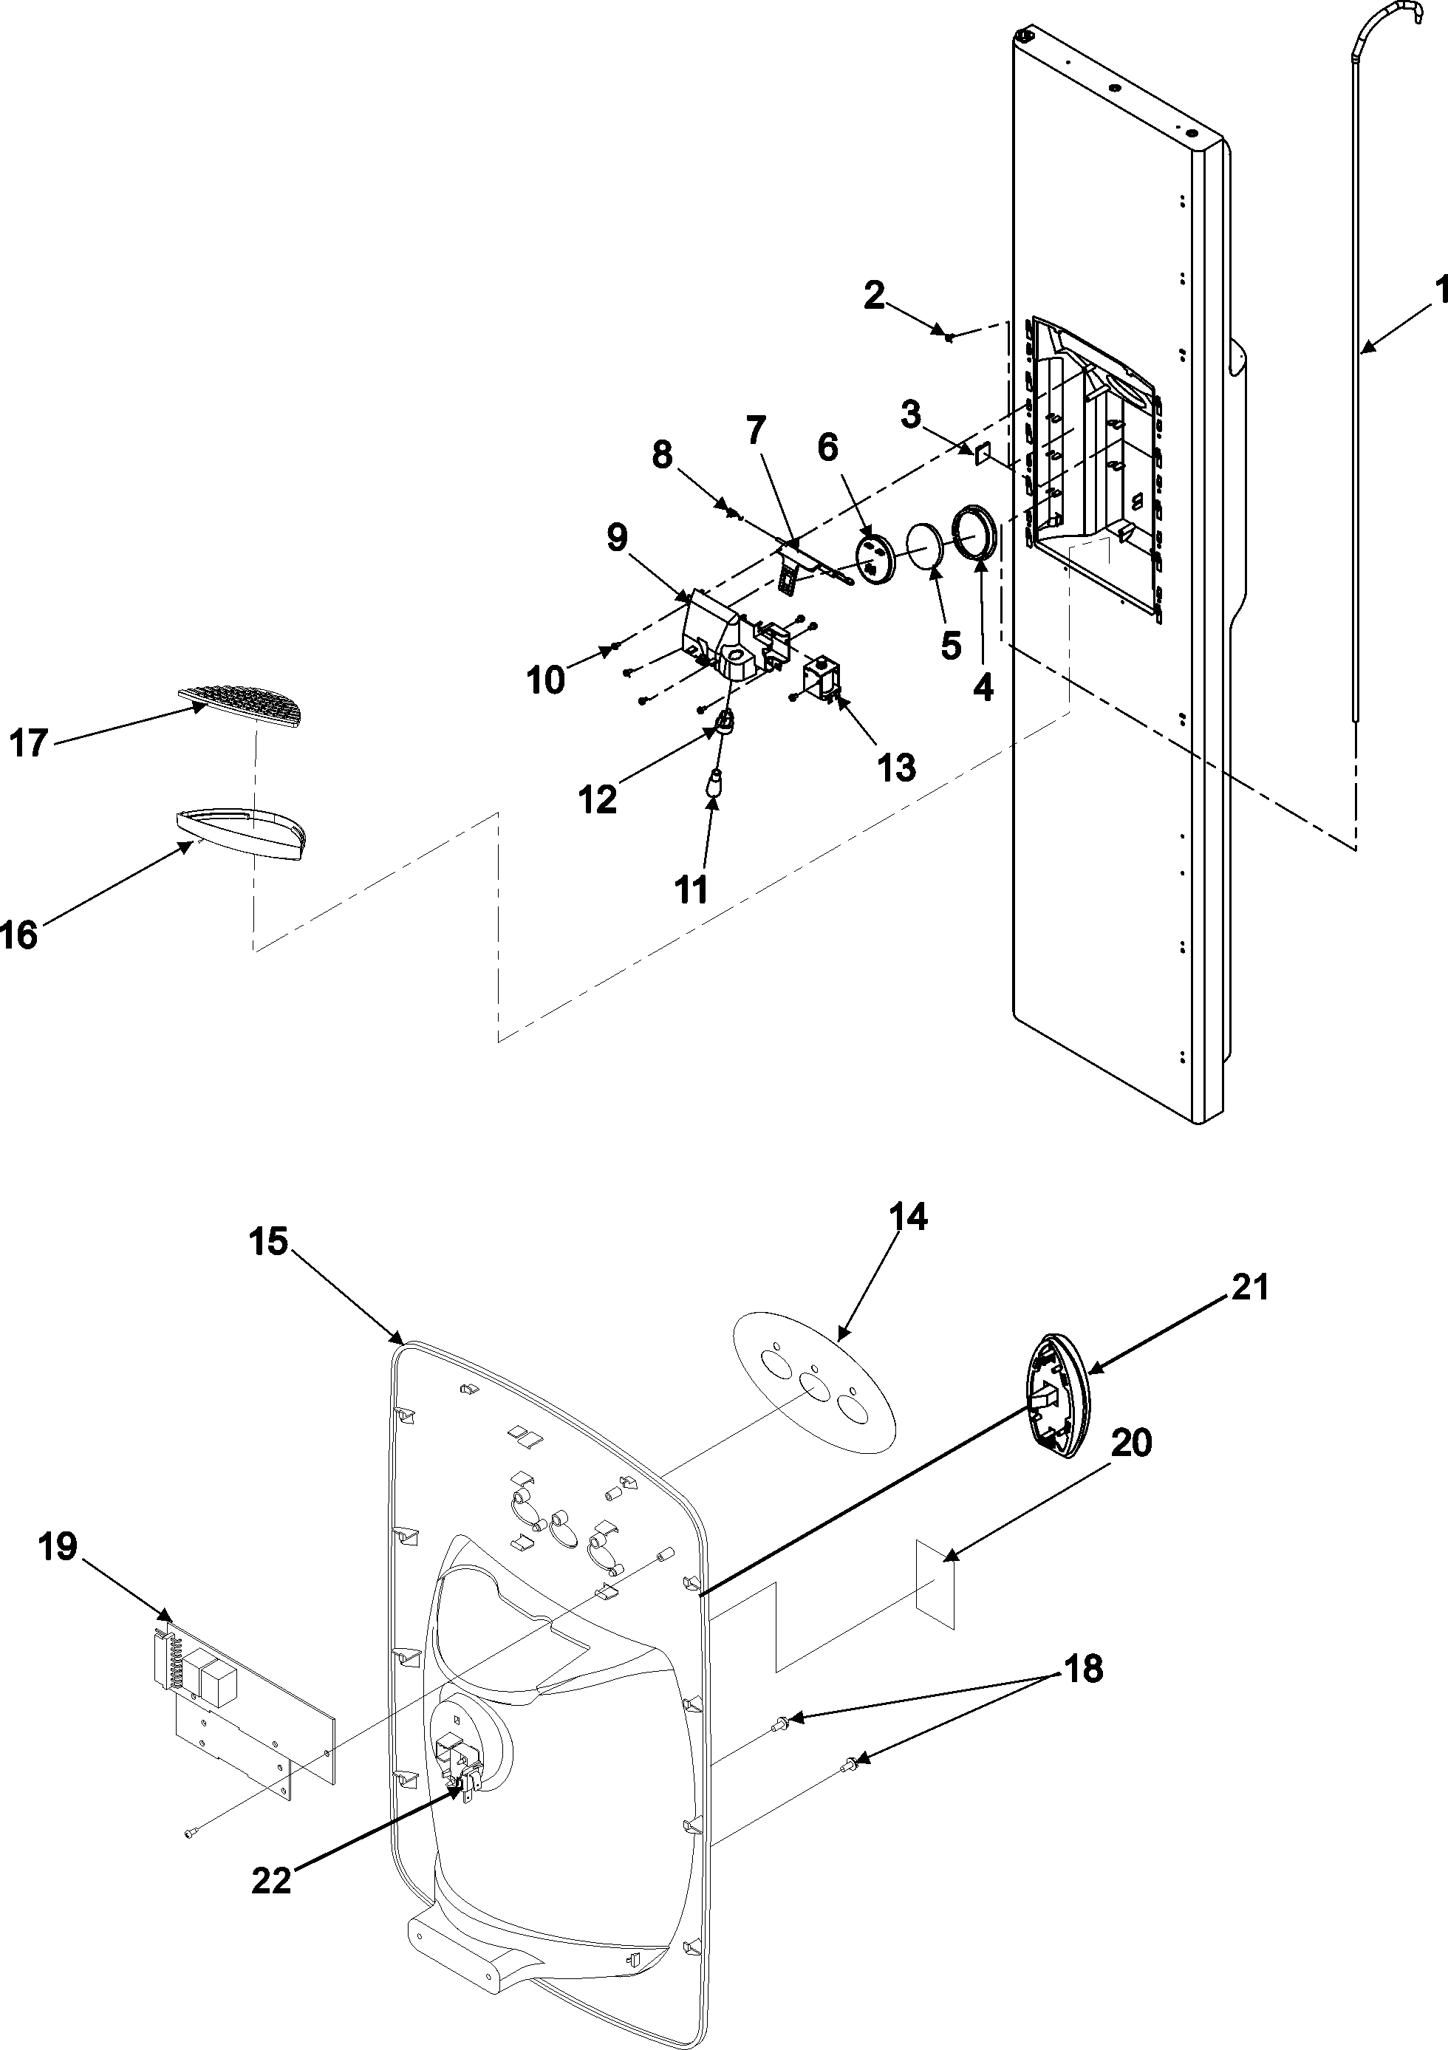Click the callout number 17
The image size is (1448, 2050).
coord(29,743)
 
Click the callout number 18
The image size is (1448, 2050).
coord(1083,1669)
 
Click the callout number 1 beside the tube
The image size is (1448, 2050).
coord(1440,291)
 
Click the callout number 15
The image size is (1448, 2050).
coord(269,1242)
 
